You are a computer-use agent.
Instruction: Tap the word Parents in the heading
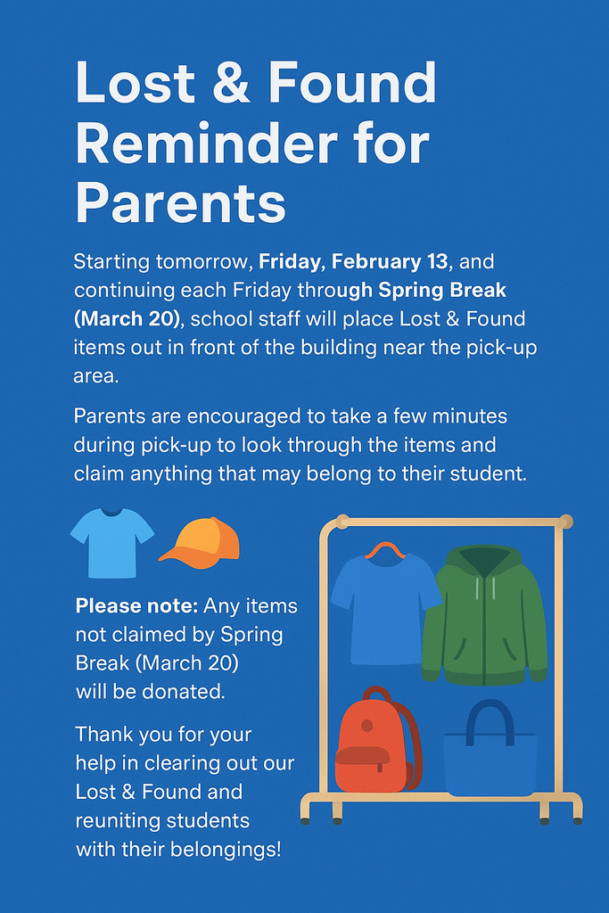pyautogui.click(x=180, y=203)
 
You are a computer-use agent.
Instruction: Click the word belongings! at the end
pyautogui.click(x=227, y=849)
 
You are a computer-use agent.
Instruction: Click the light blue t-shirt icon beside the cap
pyautogui.click(x=111, y=541)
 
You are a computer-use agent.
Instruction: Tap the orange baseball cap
pyautogui.click(x=203, y=541)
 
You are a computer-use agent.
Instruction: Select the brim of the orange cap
pyautogui.click(x=179, y=555)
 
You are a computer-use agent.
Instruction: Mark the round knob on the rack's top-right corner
pyautogui.click(x=565, y=522)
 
